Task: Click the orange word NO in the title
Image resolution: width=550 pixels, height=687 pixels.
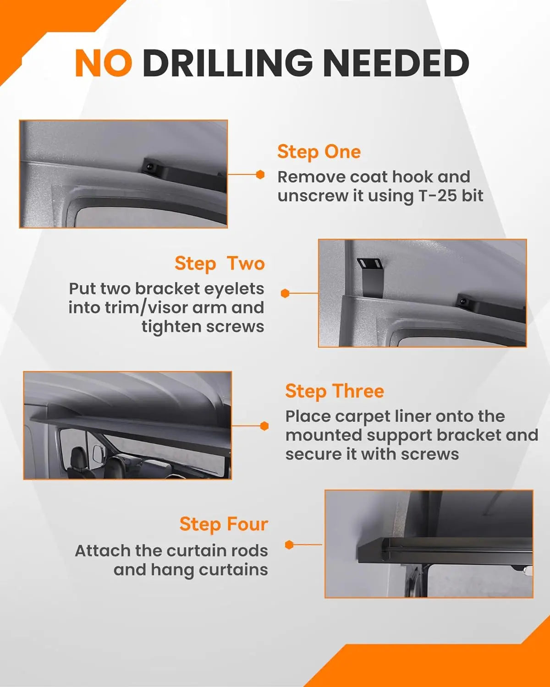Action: pos(104,63)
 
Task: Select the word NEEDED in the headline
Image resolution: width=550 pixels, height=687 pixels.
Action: pos(396,63)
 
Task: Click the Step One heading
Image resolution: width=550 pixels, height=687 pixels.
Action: pos(319,152)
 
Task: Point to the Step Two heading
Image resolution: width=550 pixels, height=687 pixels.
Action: pos(220,264)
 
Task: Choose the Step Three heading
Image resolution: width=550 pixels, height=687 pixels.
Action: pos(335,391)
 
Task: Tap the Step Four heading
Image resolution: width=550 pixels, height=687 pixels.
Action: pos(224,524)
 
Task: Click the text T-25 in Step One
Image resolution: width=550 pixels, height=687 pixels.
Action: pos(438,196)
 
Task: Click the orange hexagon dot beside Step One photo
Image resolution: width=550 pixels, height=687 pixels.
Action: pos(260,174)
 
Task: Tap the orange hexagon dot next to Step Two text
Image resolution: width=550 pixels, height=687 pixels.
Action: pos(285,293)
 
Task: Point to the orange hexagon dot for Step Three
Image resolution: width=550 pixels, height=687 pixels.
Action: pos(264,426)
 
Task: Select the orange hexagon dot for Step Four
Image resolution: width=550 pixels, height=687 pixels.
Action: pos(289,545)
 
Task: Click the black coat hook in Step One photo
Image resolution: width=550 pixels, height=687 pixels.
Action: pos(151,167)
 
